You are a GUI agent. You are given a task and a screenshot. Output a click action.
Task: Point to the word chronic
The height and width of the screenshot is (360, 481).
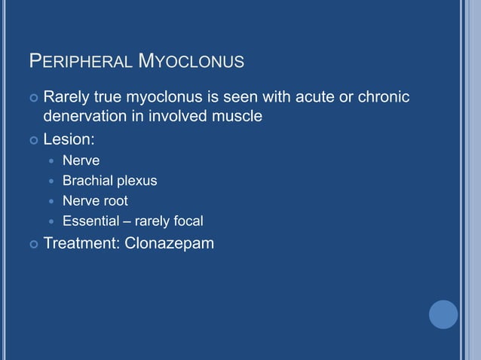(382, 97)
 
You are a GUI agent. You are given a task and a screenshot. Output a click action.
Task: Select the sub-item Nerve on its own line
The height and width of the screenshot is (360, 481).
(81, 160)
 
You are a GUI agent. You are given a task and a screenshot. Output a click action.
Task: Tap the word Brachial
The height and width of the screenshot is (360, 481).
(86, 181)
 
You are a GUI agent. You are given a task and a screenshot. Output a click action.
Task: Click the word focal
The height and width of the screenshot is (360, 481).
(188, 221)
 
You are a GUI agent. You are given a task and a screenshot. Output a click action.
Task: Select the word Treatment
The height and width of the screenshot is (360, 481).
(77, 243)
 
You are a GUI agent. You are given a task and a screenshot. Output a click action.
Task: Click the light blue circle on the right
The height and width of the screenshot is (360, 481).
(443, 314)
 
